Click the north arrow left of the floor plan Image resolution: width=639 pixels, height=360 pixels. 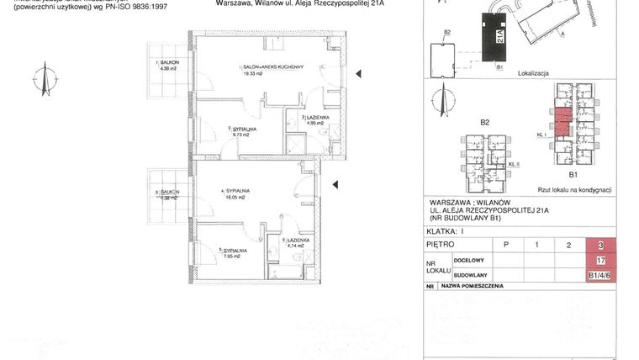pyautogui.click(x=37, y=79)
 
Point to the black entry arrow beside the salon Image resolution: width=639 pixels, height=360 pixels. pyautogui.click(x=359, y=73)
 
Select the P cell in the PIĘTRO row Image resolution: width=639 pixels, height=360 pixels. pyautogui.click(x=505, y=245)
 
